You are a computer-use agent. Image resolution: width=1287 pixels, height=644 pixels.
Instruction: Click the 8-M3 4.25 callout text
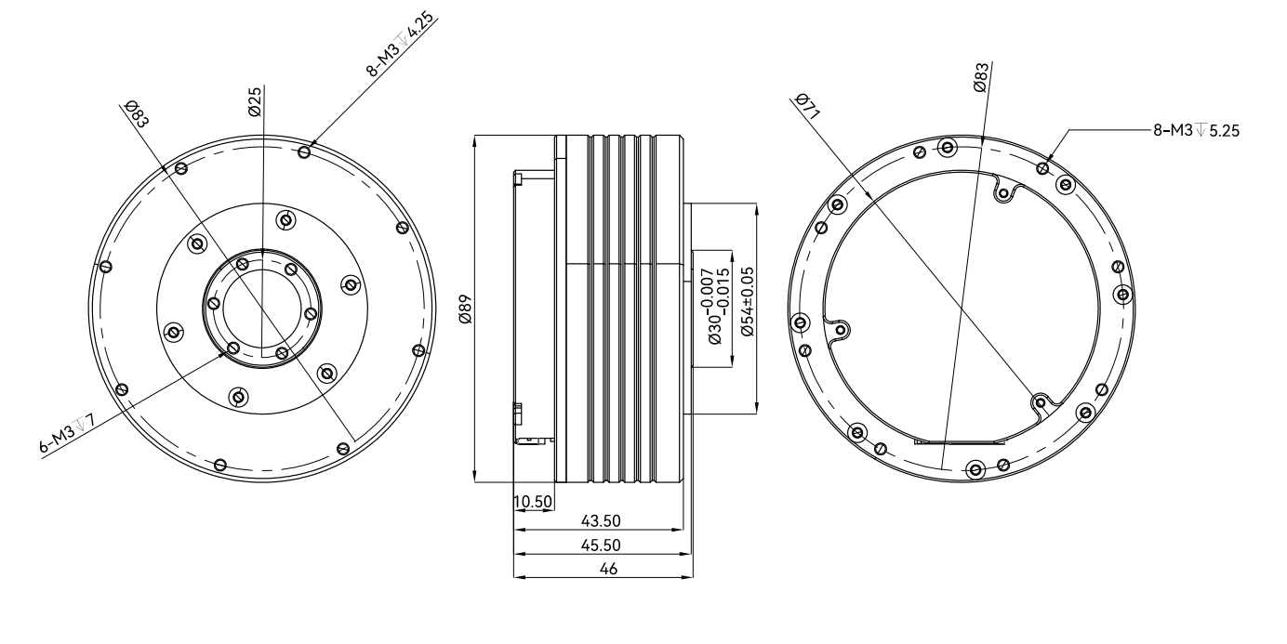[x=400, y=45]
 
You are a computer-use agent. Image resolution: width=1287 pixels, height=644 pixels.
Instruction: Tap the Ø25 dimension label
[x=255, y=101]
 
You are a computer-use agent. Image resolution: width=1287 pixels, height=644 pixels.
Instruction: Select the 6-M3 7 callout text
[x=67, y=435]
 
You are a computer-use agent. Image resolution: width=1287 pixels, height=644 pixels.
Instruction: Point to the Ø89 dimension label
[x=465, y=309]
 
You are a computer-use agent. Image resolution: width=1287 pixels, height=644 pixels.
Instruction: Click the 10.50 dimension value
[x=533, y=502]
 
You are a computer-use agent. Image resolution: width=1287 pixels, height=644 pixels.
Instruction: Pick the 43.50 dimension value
[x=601, y=520]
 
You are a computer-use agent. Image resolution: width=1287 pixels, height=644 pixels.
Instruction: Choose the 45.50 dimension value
[x=601, y=545]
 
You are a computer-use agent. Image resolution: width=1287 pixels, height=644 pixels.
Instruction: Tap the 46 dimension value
[x=608, y=569]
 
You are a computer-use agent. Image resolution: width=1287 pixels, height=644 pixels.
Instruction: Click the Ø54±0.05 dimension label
[x=747, y=302]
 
